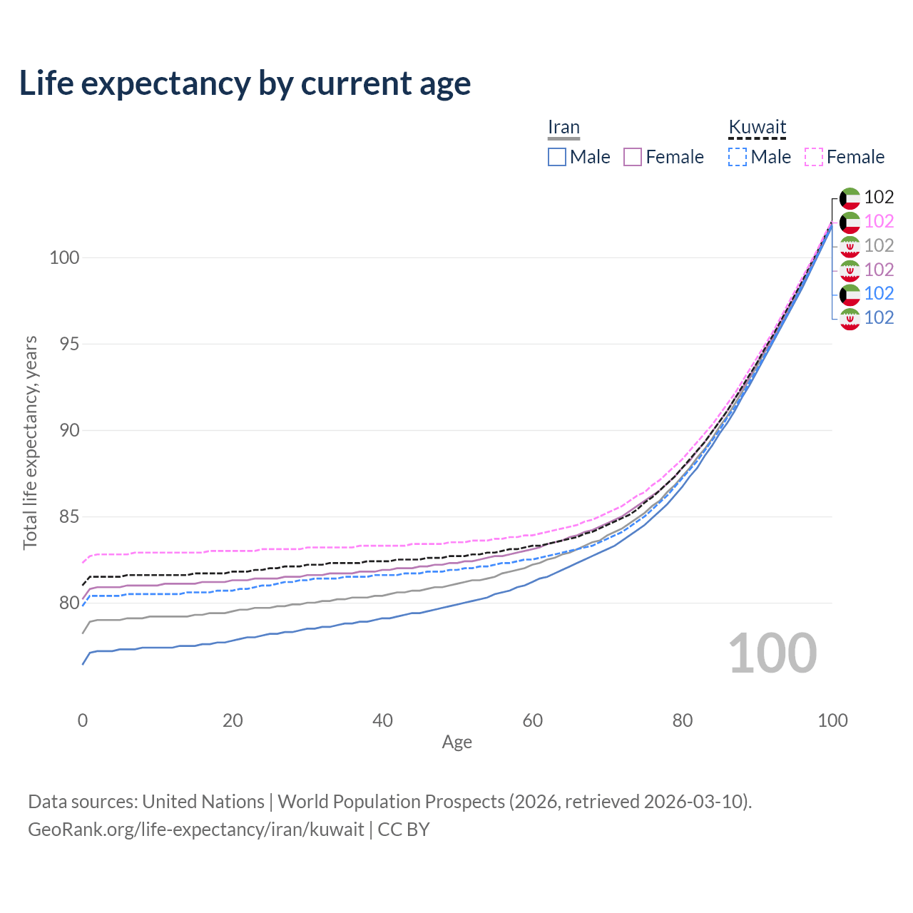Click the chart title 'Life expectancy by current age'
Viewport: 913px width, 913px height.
click(245, 84)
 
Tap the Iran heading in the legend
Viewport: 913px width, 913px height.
click(563, 127)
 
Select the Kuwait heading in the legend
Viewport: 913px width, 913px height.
click(757, 127)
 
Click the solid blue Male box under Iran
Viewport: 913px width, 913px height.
click(556, 157)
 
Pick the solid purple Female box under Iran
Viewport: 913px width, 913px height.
click(633, 157)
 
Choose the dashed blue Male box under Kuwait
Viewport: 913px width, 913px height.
click(738, 157)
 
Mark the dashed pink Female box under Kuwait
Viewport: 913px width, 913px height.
click(814, 157)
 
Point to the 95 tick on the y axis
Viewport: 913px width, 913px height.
click(69, 344)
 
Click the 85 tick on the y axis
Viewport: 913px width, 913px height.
click(69, 516)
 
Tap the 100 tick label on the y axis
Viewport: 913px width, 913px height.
click(64, 257)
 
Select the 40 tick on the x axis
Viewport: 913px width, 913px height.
click(382, 720)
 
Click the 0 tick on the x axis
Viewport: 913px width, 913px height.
click(83, 720)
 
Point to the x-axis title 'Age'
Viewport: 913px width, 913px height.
click(456, 743)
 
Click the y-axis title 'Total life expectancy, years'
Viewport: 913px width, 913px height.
click(30, 443)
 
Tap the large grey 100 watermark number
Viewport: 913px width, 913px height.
click(772, 653)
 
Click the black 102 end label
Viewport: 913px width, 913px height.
click(879, 197)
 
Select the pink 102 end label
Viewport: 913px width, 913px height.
click(879, 221)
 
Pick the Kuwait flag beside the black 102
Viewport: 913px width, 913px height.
click(850, 199)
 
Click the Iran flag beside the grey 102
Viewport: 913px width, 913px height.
click(850, 247)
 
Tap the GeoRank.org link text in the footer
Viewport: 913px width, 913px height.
click(196, 830)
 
